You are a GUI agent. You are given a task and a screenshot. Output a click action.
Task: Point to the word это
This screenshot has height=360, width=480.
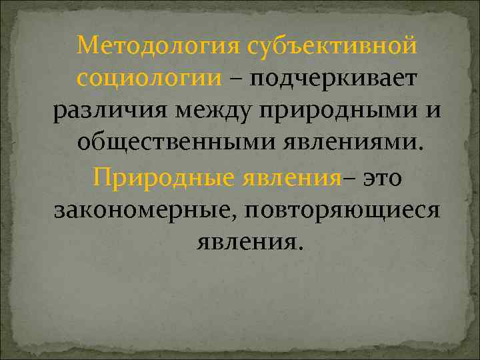point(381,178)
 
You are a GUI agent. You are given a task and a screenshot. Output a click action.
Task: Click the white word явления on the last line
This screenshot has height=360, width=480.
point(246,243)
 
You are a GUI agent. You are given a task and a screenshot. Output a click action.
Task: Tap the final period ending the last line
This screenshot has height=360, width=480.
point(300,249)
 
